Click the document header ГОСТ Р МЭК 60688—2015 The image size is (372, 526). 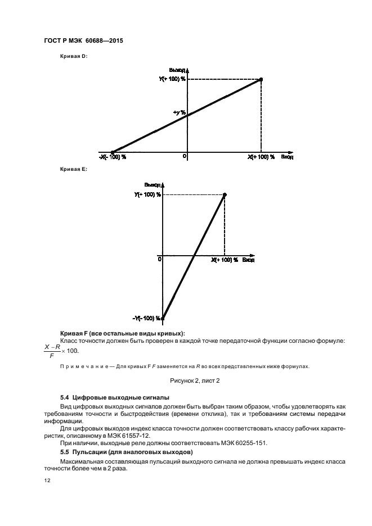[x=83, y=42]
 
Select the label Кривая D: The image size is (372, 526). [x=73, y=56]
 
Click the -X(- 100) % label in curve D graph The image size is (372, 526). [x=113, y=157]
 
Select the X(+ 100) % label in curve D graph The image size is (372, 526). [x=261, y=157]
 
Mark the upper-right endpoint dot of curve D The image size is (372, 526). [x=261, y=79]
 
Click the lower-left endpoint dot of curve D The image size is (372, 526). [x=113, y=152]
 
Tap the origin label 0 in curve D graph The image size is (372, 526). [x=184, y=156]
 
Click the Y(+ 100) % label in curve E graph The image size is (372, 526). [x=147, y=194]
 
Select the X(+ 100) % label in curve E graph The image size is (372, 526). [x=225, y=260]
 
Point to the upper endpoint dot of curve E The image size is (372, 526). [x=225, y=194]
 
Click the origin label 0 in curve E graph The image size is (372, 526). [x=160, y=259]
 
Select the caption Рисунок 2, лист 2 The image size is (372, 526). [x=186, y=381]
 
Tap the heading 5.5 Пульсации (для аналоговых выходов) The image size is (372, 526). [x=127, y=452]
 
